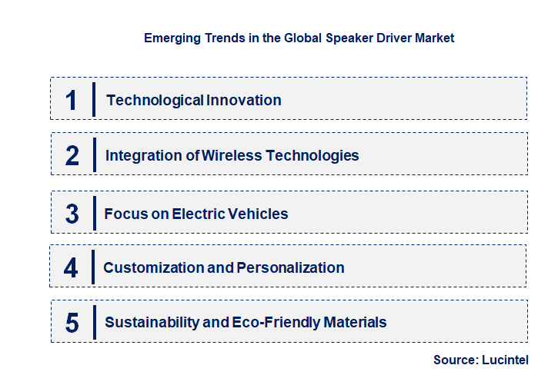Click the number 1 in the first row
[72, 100]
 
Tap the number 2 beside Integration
[72, 156]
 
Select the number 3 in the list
[72, 214]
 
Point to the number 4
[72, 268]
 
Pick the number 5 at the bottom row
[72, 323]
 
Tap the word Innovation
[245, 100]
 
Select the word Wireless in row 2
[232, 155]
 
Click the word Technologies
[312, 155]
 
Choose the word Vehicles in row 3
[257, 214]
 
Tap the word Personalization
[290, 267]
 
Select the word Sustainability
[151, 322]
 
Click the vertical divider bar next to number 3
[94, 212]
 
